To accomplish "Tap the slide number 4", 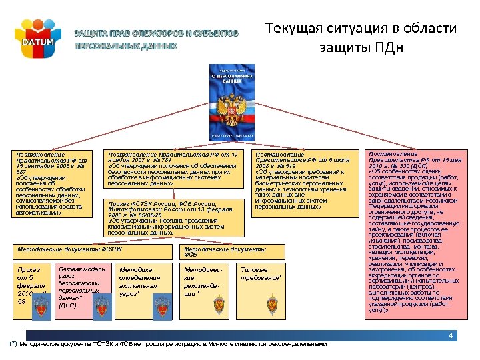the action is coord(451,335).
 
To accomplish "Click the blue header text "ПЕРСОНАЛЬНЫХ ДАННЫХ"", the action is coord(125,47).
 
